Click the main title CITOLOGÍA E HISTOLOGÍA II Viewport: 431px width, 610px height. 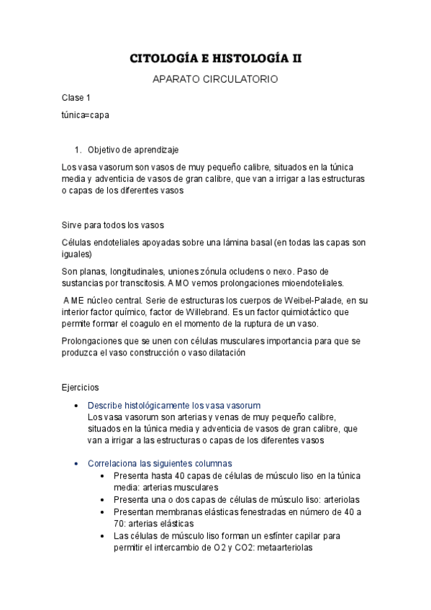[215, 58]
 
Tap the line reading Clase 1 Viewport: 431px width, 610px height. [76, 97]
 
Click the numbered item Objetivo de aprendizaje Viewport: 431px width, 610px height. [133, 150]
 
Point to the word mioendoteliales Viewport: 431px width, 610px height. [307, 283]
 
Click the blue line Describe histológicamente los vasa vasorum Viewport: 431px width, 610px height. [174, 405]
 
